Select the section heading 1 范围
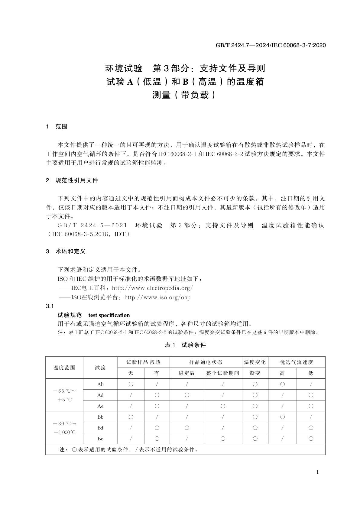(57, 127)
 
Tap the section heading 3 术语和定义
(66, 251)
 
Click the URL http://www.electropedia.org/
(152, 288)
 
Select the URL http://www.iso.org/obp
(157, 297)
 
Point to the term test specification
(109, 315)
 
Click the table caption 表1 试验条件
(185, 345)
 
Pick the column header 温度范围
(64, 368)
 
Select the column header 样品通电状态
(206, 362)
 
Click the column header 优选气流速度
(296, 362)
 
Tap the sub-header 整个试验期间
(223, 373)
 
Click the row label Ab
(100, 384)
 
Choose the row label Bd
(100, 428)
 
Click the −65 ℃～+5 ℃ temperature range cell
(64, 395)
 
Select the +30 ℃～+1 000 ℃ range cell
(64, 428)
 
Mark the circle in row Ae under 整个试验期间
(223, 406)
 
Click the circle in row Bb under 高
(282, 417)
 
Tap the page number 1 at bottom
(317, 472)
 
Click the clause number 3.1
(50, 306)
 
